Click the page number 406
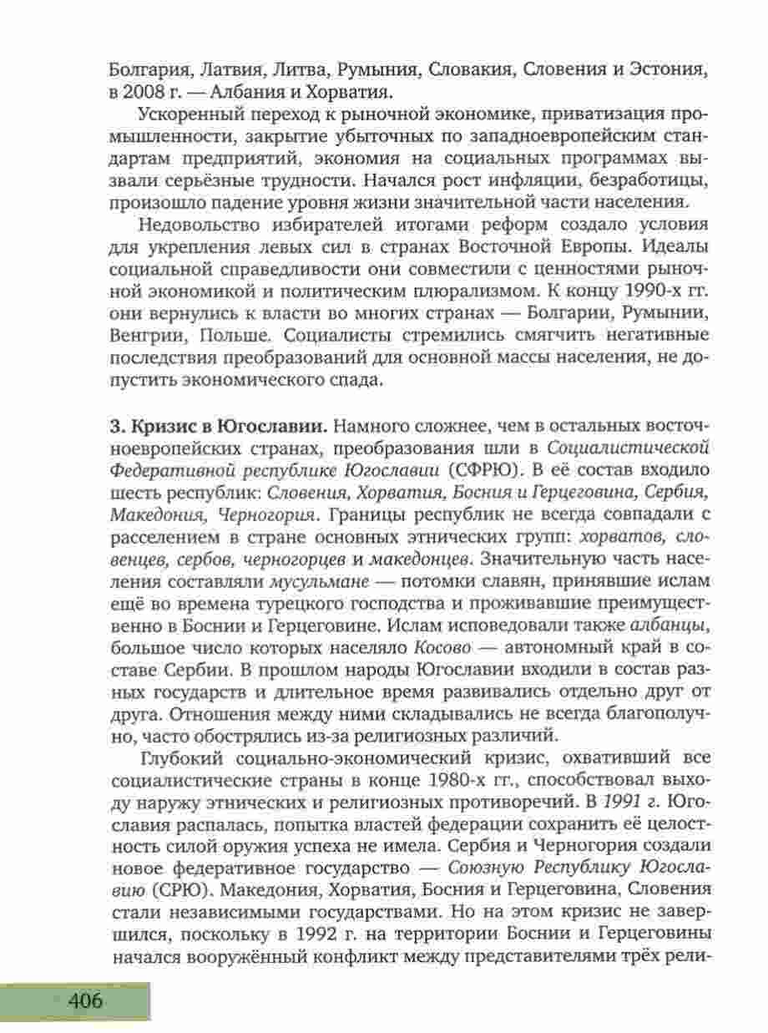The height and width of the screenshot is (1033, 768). tap(84, 1000)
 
